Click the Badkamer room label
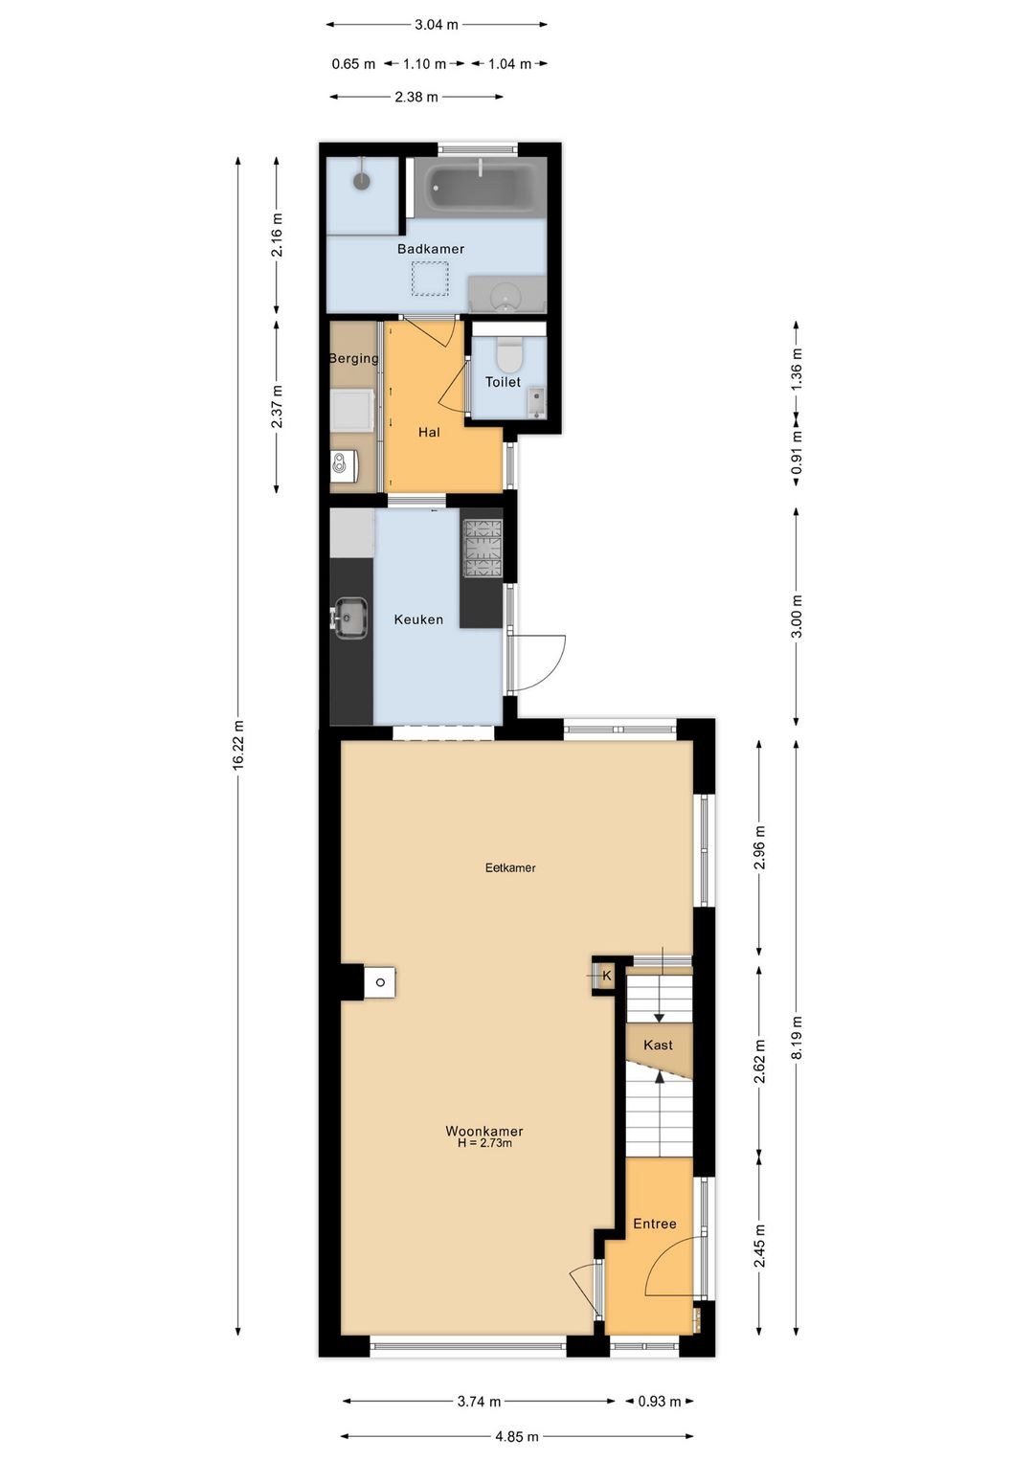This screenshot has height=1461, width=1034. tap(431, 249)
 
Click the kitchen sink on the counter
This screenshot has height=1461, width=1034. tap(350, 618)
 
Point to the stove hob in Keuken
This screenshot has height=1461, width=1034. tap(483, 550)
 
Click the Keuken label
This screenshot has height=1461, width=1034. tap(418, 619)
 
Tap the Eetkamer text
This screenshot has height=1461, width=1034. tap(510, 867)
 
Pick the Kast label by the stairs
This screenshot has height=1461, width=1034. tap(658, 1045)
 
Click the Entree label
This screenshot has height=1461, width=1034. tap(654, 1224)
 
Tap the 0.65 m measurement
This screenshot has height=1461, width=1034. tap(353, 64)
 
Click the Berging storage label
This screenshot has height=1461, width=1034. tap(353, 358)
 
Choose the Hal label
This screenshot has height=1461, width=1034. tap(429, 432)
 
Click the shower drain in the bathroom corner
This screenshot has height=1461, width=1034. tap(362, 179)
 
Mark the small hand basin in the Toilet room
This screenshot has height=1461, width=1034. tap(536, 401)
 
